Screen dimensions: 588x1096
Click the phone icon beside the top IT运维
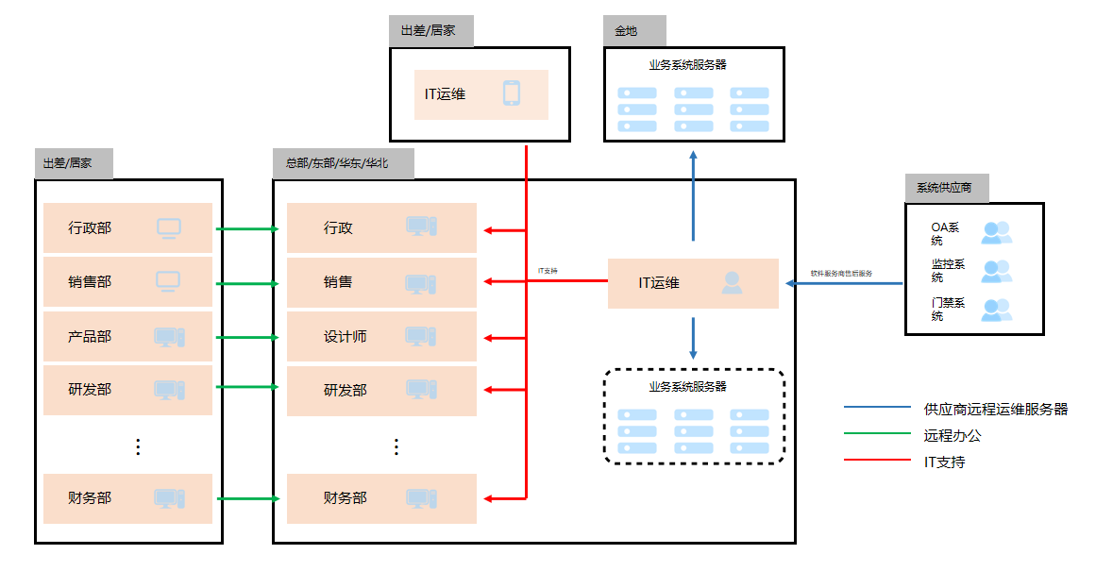(512, 93)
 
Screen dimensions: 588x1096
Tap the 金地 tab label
(626, 31)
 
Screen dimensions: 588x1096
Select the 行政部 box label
(90, 227)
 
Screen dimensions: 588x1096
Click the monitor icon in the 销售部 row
(168, 281)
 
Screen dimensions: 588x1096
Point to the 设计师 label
(345, 336)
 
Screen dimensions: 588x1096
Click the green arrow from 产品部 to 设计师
(247, 337)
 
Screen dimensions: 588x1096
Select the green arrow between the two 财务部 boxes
(247, 498)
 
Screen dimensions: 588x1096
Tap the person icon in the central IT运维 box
(732, 282)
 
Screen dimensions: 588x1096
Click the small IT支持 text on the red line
(548, 271)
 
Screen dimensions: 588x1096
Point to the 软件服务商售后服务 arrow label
(841, 273)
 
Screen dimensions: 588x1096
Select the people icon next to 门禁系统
(996, 309)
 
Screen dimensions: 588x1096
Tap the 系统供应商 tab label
(944, 188)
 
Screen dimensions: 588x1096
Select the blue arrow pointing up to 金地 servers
(693, 194)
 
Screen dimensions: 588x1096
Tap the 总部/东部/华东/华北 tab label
(337, 163)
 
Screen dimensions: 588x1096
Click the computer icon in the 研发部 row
(169, 390)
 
